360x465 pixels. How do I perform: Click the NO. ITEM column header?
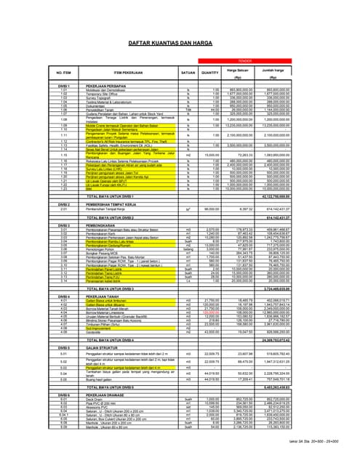65,73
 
